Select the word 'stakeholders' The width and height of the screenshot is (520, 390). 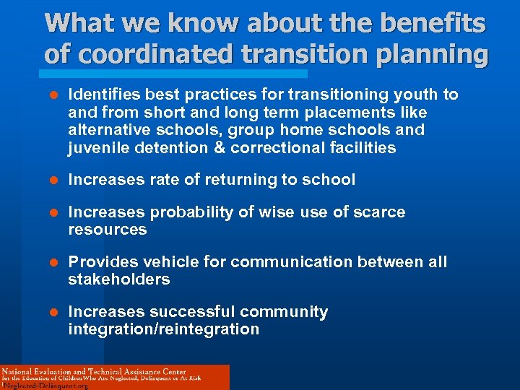(x=119, y=279)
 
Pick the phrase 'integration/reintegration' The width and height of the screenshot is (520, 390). (x=163, y=329)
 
